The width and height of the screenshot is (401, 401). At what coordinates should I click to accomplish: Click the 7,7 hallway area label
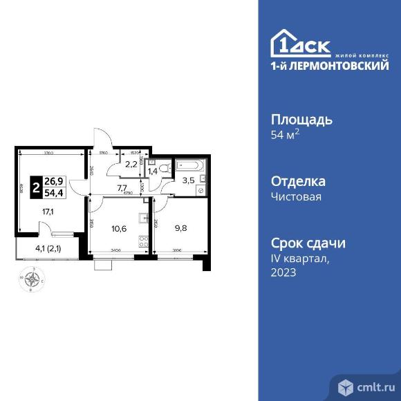pos(122,187)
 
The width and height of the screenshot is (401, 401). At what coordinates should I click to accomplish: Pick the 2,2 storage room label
pos(131,164)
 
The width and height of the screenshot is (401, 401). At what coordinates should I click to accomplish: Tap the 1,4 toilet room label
pos(153,170)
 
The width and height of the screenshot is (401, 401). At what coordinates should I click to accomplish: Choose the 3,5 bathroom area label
pos(188,181)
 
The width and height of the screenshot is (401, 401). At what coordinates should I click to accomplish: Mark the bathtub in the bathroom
pos(189,165)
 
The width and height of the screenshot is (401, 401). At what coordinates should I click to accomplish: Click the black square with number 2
pos(36,187)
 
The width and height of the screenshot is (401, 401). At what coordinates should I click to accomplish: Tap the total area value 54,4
pos(53,192)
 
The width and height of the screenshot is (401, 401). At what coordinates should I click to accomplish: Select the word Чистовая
pos(296,196)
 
